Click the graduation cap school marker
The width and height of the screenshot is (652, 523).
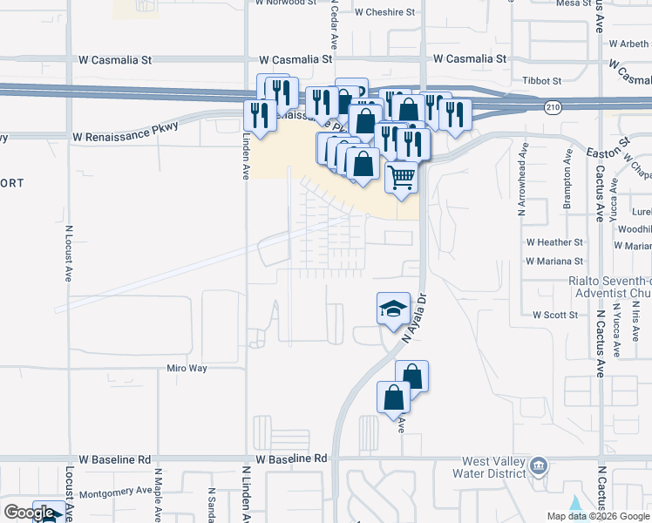393,308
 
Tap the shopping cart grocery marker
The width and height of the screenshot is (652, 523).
401,177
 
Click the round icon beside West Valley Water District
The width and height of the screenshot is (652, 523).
540,467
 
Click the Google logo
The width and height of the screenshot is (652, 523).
29,513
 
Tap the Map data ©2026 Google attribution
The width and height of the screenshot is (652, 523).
597,516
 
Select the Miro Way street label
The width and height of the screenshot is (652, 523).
187,368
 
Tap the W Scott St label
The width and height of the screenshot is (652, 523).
555,314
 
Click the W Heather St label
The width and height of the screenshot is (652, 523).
554,241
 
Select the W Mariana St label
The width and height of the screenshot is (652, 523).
554,261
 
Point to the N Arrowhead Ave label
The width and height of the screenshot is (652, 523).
522,180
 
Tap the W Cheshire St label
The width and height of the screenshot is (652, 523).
384,12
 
